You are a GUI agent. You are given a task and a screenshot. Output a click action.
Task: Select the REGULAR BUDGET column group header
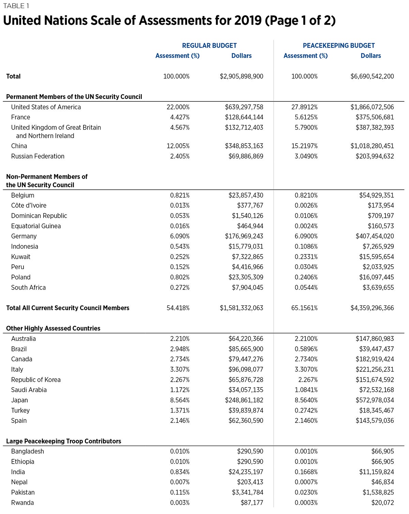(x=209, y=46)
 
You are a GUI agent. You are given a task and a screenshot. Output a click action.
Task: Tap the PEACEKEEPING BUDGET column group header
(x=338, y=46)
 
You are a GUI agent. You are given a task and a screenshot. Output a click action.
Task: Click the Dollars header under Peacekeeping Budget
(x=370, y=56)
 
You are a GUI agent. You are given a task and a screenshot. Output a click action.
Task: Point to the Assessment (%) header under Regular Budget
(x=177, y=56)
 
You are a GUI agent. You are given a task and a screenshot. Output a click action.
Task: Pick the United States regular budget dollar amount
(x=244, y=107)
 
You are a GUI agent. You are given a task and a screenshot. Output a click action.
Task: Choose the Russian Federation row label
(x=37, y=156)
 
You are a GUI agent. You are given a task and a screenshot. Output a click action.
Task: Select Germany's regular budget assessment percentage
(x=180, y=236)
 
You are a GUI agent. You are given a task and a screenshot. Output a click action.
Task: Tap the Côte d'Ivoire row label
(x=29, y=205)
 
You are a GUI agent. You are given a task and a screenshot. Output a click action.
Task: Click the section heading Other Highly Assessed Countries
(x=53, y=328)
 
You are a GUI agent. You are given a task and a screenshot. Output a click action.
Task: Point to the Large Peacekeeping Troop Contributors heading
(x=63, y=441)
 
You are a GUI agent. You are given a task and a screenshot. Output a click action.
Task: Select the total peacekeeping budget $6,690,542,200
(x=372, y=77)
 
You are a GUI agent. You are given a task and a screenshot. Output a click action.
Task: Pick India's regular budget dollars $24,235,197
(x=246, y=472)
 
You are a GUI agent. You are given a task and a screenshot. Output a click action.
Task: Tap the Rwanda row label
(x=22, y=502)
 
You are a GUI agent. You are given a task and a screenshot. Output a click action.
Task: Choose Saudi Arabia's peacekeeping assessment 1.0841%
(x=306, y=390)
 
